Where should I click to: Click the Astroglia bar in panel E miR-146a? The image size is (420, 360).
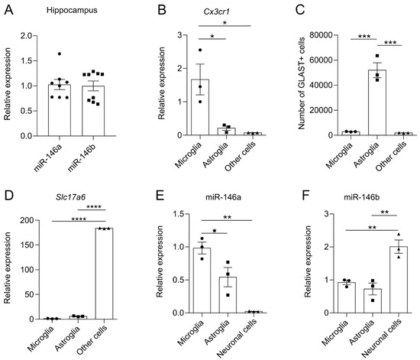click(x=228, y=295)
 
